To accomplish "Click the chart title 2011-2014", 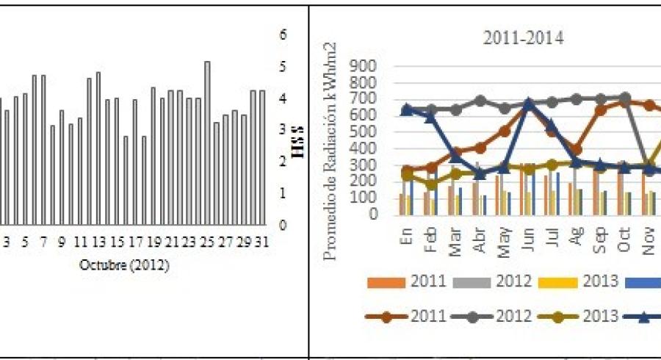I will [x=523, y=39].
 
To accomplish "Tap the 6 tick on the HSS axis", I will [x=283, y=35].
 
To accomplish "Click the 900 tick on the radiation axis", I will [x=368, y=66].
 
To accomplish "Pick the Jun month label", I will [x=527, y=240].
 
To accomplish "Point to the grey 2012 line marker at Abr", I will [x=480, y=100].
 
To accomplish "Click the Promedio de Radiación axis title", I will [x=331, y=139].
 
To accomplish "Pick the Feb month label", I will [x=431, y=240].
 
